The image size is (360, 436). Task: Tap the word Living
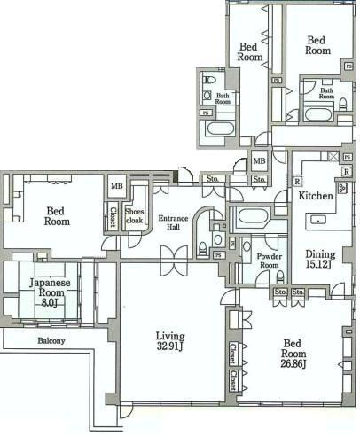169,336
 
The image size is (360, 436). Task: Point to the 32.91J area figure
169,348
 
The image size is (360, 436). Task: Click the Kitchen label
315,195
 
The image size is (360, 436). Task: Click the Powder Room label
269,260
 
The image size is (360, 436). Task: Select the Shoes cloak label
135,217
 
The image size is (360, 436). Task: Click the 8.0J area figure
45,301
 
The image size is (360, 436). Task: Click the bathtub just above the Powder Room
255,216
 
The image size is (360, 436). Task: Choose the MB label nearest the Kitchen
259,161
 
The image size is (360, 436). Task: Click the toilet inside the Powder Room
279,277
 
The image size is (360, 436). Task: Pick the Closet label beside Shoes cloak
113,216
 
